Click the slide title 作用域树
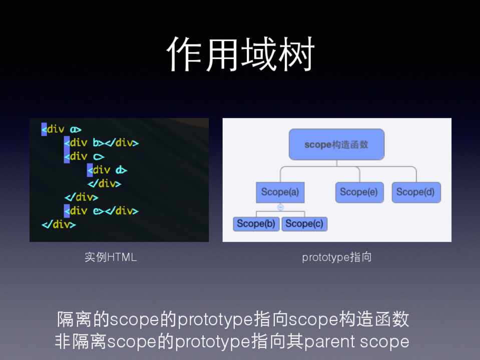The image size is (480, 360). (241, 54)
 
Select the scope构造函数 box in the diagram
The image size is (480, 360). (336, 144)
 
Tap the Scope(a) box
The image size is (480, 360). (280, 192)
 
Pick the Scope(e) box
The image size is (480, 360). (359, 192)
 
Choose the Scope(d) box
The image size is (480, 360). (416, 192)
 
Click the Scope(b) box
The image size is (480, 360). (256, 224)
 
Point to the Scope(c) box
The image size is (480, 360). (305, 224)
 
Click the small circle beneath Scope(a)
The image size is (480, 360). (280, 207)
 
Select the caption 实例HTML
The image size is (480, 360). (111, 257)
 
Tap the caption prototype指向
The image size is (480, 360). (337, 257)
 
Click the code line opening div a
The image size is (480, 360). (62, 129)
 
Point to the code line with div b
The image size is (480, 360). (101, 143)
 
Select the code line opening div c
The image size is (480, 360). (84, 156)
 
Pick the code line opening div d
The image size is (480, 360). (107, 170)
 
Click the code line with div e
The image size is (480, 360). (101, 211)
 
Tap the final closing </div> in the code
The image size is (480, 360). (59, 225)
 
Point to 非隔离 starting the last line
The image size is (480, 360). (81, 341)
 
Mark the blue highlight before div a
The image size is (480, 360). (44, 129)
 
